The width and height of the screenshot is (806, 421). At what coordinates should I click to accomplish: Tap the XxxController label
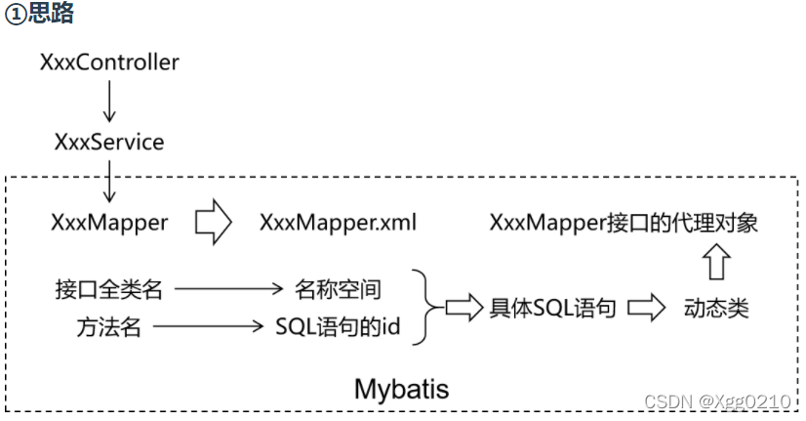[x=109, y=63]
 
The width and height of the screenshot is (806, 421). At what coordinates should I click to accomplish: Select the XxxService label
[x=109, y=142]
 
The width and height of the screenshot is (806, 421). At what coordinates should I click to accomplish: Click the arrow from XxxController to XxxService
[x=109, y=102]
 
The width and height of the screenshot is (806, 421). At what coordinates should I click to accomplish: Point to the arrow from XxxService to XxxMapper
[x=109, y=182]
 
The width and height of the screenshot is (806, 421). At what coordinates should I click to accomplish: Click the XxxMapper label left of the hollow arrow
[x=109, y=223]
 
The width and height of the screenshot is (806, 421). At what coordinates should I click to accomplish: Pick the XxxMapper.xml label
[x=338, y=223]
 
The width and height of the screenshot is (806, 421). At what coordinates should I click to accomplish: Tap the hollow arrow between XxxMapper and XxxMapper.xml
[x=213, y=223]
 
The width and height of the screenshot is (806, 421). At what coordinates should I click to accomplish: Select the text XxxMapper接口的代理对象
[x=624, y=223]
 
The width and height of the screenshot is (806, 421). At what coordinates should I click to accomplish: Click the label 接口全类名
[x=108, y=289]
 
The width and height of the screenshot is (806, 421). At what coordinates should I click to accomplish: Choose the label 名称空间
[x=338, y=289]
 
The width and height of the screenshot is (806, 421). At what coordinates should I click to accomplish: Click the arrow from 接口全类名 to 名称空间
[x=227, y=289]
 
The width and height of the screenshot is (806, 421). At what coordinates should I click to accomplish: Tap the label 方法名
[x=108, y=327]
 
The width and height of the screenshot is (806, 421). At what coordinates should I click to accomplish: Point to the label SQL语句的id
[x=338, y=327]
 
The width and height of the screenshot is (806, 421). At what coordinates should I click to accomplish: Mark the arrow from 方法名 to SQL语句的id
[x=210, y=327]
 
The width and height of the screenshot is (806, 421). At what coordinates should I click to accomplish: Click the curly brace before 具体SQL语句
[x=423, y=308]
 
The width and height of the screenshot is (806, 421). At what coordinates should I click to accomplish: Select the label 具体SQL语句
[x=552, y=309]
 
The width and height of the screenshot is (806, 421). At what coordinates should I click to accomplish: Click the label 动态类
[x=716, y=309]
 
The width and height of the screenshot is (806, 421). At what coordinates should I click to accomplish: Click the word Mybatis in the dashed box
[x=401, y=389]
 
